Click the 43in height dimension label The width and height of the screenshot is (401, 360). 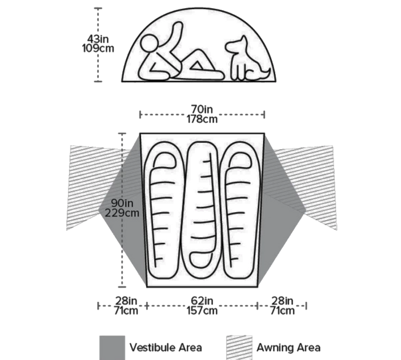click(98, 39)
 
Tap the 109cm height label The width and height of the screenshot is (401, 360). click(98, 48)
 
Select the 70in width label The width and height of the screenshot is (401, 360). click(202, 109)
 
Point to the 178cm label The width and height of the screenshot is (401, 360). click(202, 119)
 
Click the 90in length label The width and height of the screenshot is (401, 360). click(122, 203)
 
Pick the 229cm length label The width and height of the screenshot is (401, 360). click(122, 213)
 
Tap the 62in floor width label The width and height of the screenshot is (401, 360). click(202, 301)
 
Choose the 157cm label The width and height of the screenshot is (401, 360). click(202, 311)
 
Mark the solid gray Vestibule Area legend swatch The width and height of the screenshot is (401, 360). click(113, 348)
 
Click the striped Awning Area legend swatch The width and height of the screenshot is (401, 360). click(239, 348)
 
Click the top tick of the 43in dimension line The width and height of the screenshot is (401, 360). click(98, 9)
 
